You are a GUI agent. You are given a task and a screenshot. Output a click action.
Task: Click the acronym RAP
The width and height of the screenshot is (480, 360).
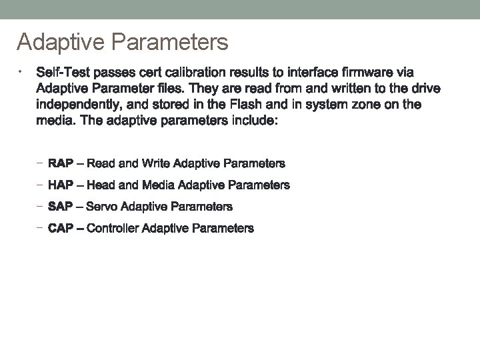[61, 163]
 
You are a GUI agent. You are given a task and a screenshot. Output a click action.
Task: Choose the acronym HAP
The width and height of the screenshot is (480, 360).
[61, 185]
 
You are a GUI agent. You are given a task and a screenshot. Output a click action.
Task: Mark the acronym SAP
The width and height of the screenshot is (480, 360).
[61, 207]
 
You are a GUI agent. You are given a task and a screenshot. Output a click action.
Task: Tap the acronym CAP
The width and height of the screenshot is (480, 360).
[61, 229]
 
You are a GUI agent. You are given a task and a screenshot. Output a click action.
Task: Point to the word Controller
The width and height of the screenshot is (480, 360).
[113, 229]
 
